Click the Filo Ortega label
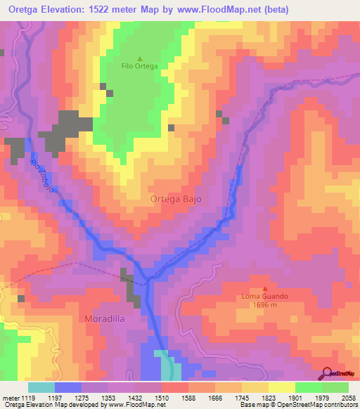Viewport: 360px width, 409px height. (139, 66)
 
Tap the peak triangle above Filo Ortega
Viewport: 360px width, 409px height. (139, 58)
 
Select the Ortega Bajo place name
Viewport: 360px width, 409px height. (176, 199)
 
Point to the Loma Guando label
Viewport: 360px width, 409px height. (264, 297)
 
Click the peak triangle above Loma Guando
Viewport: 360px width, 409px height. (265, 288)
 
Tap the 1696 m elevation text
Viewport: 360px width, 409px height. (264, 305)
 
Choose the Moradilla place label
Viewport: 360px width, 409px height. (105, 318)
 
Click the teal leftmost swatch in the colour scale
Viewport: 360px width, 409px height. (41, 387)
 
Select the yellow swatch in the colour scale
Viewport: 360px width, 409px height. (282, 387)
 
